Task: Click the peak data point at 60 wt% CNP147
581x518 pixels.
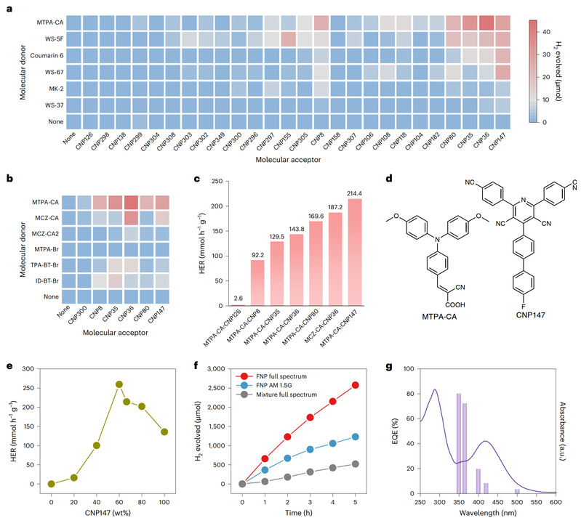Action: [119, 384]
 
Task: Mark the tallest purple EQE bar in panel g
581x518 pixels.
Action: [459, 443]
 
